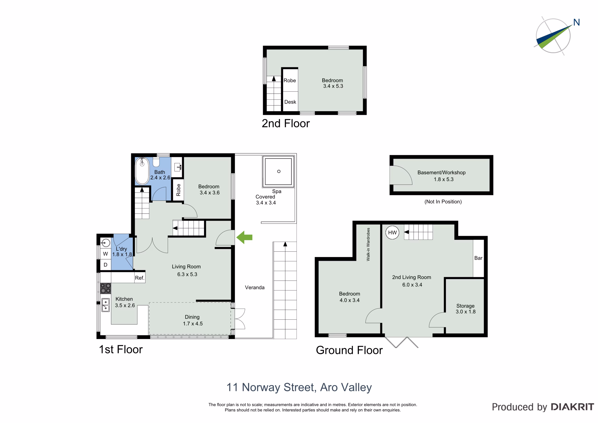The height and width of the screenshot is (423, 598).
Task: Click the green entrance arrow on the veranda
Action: coord(244,237)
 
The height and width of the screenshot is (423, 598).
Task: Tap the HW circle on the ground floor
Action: coord(392,233)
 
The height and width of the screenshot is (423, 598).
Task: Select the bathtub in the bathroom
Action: coord(142,171)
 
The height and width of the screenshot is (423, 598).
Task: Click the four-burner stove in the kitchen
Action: coord(106,288)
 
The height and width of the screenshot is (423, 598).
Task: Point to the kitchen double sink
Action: coord(106,305)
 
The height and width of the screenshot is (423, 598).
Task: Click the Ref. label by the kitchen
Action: coord(140,278)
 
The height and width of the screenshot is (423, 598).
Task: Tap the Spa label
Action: coord(277,191)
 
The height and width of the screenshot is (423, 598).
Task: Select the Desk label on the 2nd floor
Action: coord(290,102)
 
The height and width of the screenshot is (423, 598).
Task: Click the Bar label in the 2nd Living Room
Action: coord(478,258)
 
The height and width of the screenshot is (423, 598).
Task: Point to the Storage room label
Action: coord(465,306)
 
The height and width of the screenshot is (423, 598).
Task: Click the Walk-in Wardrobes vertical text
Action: coord(368,244)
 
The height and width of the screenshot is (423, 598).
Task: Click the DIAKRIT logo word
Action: coord(573,407)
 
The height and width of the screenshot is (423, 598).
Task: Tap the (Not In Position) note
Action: coord(443,202)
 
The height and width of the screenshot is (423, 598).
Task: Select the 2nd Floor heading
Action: coord(286,124)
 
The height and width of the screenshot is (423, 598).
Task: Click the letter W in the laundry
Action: coord(106,254)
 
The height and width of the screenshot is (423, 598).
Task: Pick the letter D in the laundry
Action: coord(106,265)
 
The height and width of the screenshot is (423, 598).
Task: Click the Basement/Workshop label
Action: coord(441,172)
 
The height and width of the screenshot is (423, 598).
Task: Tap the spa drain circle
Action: coord(279,172)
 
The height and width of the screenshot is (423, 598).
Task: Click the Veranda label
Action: coord(255,287)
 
